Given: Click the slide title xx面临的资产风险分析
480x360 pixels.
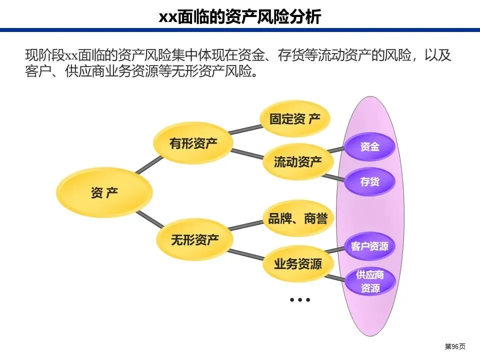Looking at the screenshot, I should pos(240,16).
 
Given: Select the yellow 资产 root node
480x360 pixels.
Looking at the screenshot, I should pos(104,192).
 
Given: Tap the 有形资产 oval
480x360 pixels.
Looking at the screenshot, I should pos(193,143).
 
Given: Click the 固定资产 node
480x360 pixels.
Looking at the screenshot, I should pos(295,119).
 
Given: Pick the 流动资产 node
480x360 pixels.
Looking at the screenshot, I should pos(298,162).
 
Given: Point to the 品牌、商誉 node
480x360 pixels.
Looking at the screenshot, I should pos(297,218).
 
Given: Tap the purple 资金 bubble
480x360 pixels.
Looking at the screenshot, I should pos(370,146).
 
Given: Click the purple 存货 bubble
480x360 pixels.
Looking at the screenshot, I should pos(370,181).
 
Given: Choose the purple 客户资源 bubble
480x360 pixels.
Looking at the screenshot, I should pos(370,246).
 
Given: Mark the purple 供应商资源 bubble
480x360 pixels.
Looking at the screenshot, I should pos(370,281).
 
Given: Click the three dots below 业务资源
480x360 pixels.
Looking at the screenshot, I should pos(300,300).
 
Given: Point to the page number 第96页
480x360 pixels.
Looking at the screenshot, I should pos(455,346).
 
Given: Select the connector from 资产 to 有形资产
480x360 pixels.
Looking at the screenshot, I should pos(148,165).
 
